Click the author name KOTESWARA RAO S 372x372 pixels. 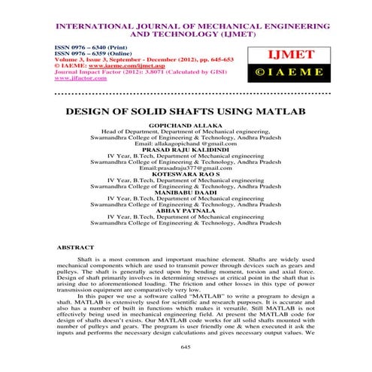185,173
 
